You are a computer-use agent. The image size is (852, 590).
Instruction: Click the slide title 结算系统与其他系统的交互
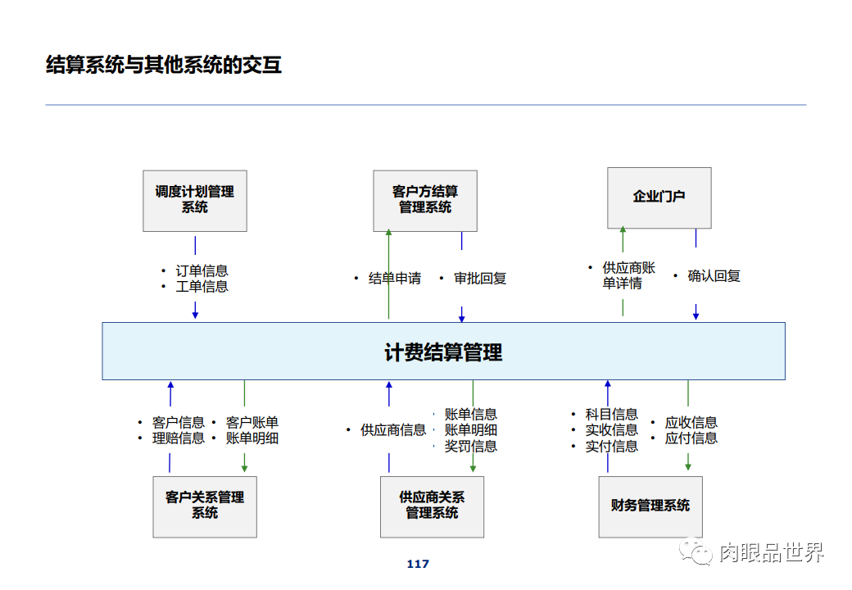164,65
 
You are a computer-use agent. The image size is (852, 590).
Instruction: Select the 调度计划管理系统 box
195,200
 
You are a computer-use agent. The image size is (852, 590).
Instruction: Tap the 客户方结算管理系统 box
424,200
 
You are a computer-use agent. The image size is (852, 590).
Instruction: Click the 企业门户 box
659,197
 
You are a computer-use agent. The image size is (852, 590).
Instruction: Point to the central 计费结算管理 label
443,352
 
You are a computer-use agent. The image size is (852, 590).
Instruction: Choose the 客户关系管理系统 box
205,506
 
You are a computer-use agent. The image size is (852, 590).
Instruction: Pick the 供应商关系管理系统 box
432,506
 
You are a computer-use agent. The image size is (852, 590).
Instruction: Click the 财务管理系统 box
650,506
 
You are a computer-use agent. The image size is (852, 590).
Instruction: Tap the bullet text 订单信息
202,270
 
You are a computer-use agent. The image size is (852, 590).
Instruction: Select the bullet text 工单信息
202,287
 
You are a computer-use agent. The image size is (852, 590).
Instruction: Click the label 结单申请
395,279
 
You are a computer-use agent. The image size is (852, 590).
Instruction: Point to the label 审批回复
480,279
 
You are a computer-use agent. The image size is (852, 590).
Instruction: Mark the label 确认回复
714,276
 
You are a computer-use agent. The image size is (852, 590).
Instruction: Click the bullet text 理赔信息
178,438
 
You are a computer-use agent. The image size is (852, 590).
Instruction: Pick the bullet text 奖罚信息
470,447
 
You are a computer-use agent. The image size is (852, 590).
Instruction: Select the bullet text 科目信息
611,415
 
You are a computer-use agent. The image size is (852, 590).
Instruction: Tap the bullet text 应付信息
691,438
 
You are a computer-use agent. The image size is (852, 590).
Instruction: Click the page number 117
418,564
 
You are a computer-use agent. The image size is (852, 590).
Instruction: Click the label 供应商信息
393,430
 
